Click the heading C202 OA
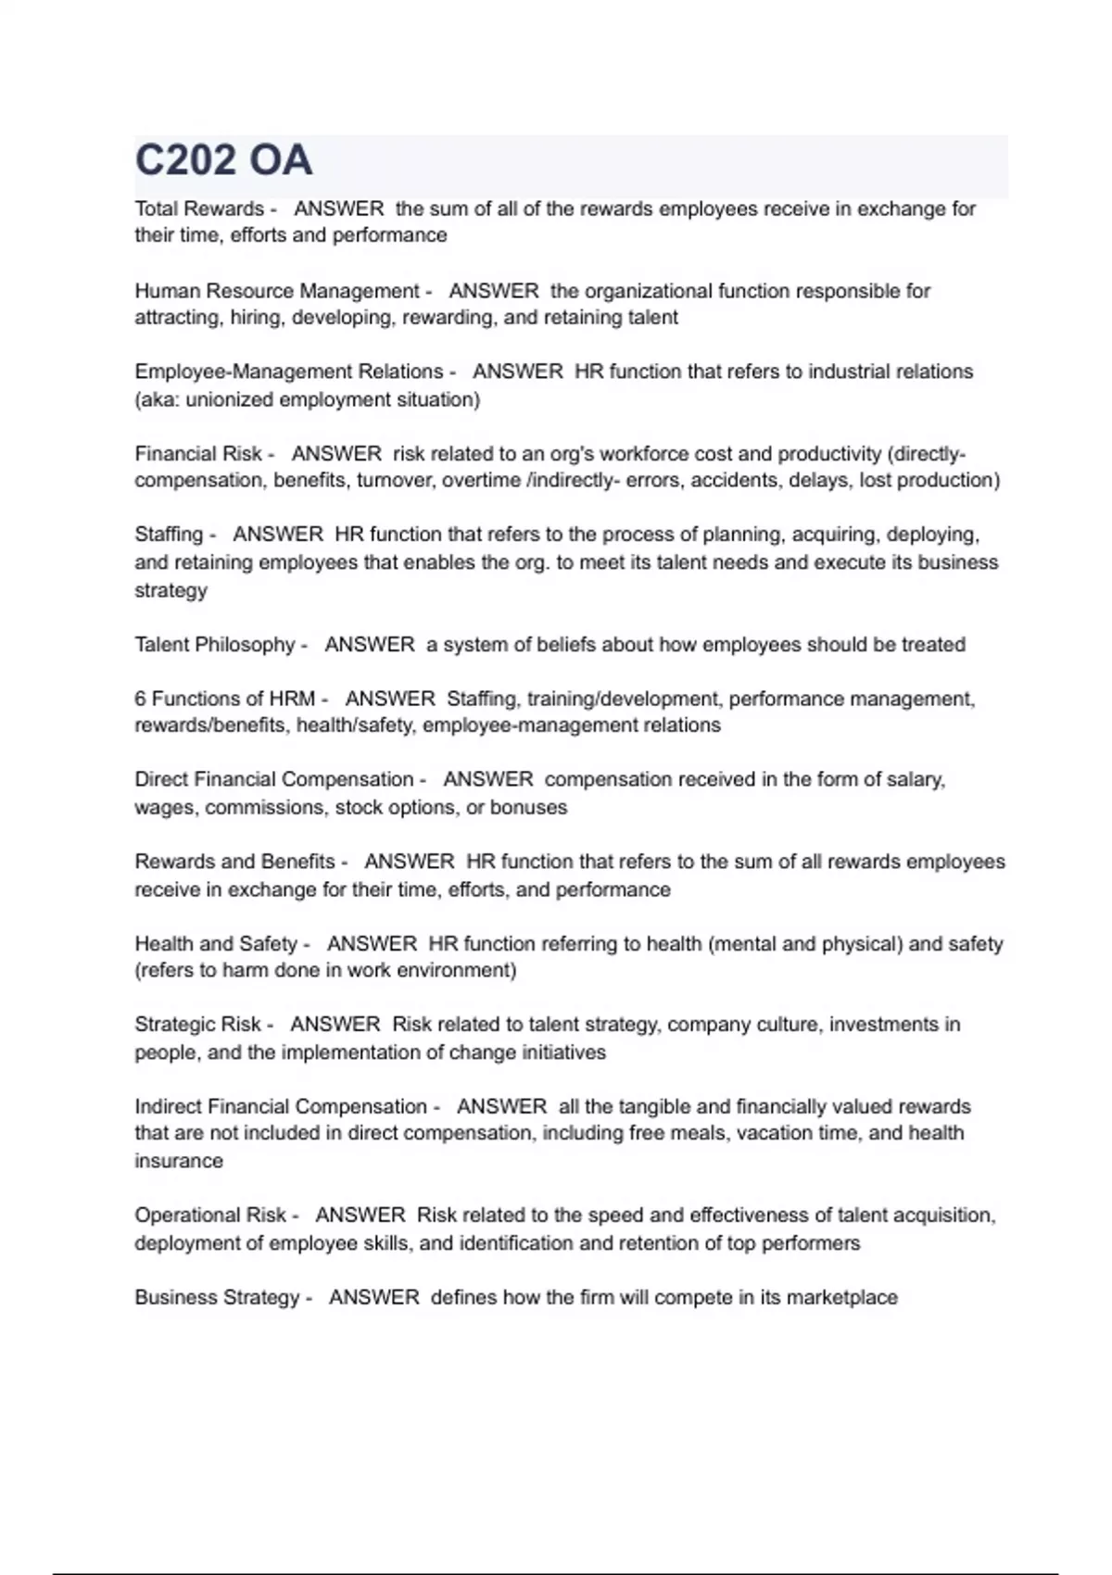(x=223, y=160)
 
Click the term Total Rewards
(x=199, y=209)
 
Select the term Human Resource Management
(x=277, y=291)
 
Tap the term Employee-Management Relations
(x=289, y=372)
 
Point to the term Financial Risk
(x=198, y=454)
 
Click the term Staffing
(x=169, y=535)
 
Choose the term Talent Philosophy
(x=215, y=645)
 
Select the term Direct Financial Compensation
(x=274, y=779)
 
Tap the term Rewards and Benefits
(x=234, y=862)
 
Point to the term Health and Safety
(x=216, y=944)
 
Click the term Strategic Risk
(x=197, y=1025)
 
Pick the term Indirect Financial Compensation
(x=281, y=1107)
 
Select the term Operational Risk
(x=210, y=1216)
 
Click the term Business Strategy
(x=217, y=1298)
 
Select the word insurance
(x=179, y=1162)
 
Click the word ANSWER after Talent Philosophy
(x=370, y=645)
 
